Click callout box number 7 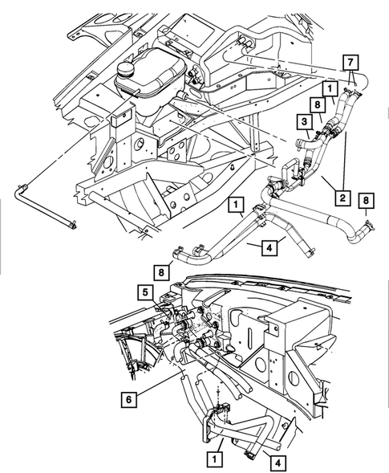pos(350,61)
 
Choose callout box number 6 pos(129,397)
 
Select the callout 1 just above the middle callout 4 pos(236,206)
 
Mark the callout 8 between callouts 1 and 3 pos(318,104)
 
